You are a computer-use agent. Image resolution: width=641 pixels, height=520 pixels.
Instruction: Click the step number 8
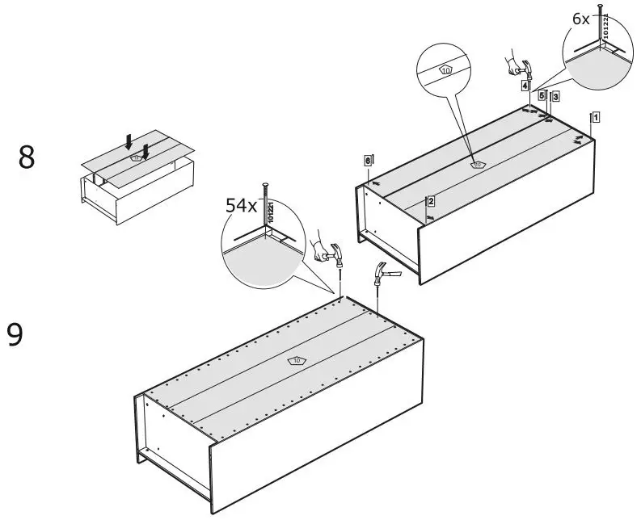27,157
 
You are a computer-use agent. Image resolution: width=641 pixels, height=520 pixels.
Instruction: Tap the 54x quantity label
241,207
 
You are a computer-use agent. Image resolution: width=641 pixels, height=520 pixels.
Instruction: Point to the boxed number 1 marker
595,116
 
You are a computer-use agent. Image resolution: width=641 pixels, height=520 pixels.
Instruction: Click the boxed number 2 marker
431,201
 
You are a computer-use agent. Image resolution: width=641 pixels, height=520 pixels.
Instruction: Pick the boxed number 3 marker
555,96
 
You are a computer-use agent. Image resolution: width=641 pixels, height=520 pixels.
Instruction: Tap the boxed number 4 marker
525,86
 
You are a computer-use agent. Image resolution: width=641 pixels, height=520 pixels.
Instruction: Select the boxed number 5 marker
542,94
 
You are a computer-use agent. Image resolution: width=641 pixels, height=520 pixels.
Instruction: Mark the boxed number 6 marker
368,161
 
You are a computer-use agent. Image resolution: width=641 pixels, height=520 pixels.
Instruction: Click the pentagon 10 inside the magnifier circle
445,70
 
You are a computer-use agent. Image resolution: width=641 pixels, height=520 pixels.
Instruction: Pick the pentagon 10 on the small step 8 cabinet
137,157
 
